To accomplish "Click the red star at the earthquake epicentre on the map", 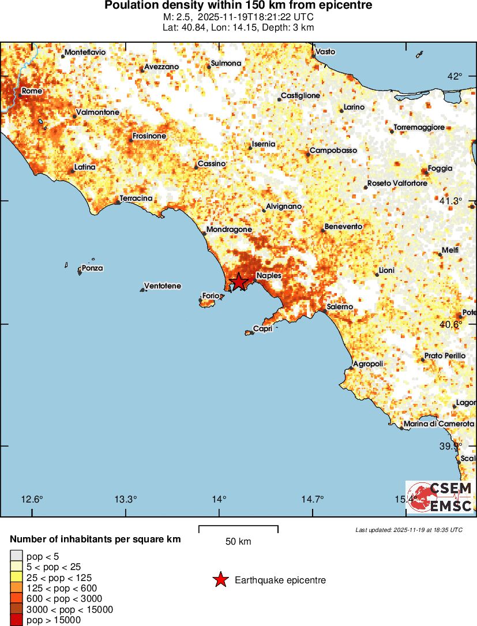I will (238, 282).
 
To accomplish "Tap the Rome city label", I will (32, 91).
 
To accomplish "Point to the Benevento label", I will (343, 227).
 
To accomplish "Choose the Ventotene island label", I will (162, 286).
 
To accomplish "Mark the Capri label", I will (262, 329).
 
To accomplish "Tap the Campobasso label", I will (333, 151).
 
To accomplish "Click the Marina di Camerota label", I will (439, 424).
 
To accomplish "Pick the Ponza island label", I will (92, 268).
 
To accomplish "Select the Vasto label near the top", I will (326, 52).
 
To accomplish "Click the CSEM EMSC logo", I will (440, 497).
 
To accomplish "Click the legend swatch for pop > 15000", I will (16, 620).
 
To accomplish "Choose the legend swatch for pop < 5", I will (16, 556).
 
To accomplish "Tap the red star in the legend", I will (220, 580).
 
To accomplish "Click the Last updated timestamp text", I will (409, 530).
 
